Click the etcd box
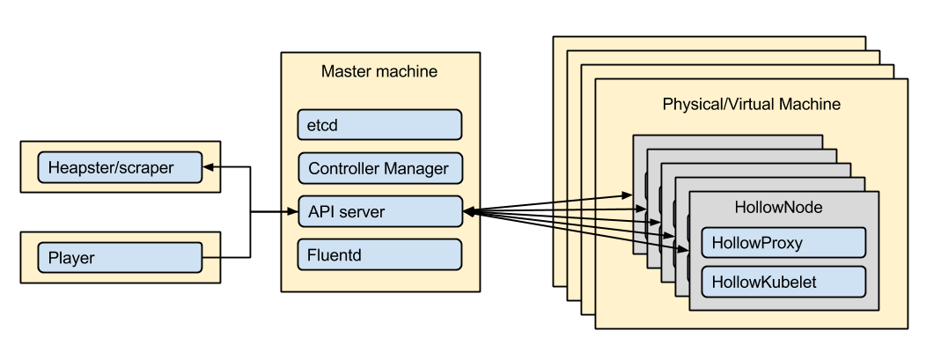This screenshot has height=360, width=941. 379,125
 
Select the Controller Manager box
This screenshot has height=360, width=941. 380,168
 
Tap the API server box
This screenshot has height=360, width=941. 380,211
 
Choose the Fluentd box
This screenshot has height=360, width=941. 379,254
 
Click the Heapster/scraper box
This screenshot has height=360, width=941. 120,167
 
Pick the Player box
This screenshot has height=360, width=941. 120,257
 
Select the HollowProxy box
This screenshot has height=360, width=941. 783,242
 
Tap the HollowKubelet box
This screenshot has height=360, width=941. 783,282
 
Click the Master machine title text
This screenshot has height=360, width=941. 379,71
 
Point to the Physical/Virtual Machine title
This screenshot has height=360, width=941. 752,104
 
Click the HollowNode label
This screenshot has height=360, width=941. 778,208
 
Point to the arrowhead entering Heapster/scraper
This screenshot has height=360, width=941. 209,167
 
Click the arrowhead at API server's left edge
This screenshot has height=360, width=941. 293,212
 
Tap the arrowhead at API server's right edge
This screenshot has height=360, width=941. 468,211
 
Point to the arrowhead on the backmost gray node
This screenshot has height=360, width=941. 627,195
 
